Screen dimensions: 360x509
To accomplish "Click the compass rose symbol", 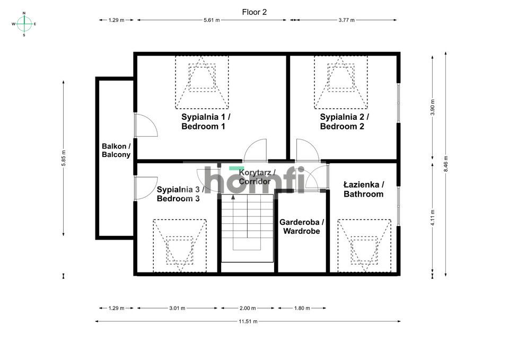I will click(x=24, y=24).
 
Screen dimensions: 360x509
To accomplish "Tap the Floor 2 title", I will click(x=254, y=12).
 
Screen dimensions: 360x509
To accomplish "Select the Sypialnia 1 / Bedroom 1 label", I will click(x=206, y=121).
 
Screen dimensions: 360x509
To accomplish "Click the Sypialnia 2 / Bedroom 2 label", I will click(x=344, y=121).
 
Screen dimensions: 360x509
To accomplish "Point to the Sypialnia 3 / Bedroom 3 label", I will click(x=178, y=194).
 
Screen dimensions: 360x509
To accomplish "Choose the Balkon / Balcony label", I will click(x=116, y=151).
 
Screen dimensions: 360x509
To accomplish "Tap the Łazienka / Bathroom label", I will click(x=363, y=189).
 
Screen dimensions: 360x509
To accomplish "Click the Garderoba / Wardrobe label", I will click(x=301, y=227).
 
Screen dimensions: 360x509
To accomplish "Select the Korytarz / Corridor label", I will click(x=255, y=177).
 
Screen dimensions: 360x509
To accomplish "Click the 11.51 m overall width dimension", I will click(x=248, y=321).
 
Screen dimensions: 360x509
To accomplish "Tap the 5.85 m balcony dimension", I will click(x=64, y=159).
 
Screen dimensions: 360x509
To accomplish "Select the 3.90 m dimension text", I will click(x=433, y=108).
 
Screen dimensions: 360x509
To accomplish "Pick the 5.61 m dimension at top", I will click(x=212, y=20).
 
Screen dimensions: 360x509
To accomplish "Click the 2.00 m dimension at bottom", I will click(x=248, y=308).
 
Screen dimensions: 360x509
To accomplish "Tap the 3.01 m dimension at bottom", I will click(x=177, y=308).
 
